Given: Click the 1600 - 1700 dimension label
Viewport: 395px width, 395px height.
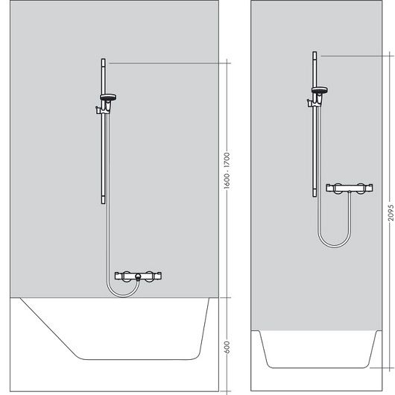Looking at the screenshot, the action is pos(227,171).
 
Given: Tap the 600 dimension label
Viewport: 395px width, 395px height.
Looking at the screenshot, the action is pos(227,347).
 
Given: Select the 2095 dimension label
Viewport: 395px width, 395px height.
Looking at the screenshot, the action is pos(391,213).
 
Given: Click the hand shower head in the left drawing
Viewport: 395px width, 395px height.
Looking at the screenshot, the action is pos(108,97).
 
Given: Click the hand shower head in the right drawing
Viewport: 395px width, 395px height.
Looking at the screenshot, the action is pos(320,90).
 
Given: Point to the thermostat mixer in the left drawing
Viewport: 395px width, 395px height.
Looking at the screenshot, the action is pos(138,276).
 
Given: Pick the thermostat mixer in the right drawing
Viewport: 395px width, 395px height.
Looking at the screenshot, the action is pos(350,188).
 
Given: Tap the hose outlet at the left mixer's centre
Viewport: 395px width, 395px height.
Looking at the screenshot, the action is pos(138,276).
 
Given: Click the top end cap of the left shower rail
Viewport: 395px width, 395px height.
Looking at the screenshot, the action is pos(104,62).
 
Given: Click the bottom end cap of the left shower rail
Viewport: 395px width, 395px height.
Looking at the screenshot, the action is pos(104,200).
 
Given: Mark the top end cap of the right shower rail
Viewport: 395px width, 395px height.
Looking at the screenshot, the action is pos(315,55).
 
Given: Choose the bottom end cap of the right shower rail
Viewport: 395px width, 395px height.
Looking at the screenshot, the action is pos(315,194).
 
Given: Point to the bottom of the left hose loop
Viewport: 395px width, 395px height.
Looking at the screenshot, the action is pos(123,297).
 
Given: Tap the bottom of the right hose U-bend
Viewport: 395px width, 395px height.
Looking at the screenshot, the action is pos(334,246).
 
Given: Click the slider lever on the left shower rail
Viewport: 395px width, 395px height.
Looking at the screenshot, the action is pos(97,110).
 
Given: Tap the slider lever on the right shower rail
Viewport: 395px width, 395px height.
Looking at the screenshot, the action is pos(309,103).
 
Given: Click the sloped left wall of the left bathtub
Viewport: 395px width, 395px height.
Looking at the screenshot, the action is pos(49,327).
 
